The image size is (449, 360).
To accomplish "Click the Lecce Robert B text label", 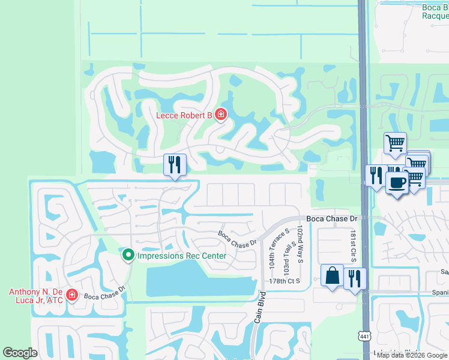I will click(184, 115).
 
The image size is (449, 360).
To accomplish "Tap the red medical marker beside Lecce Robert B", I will click(221, 114).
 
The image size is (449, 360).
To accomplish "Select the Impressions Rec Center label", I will click(182, 256).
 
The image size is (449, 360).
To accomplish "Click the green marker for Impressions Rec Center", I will click(128, 256).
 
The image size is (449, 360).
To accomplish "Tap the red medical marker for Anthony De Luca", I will click(71, 295).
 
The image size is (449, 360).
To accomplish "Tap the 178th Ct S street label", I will click(284, 281).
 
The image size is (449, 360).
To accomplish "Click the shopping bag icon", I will click(332, 275).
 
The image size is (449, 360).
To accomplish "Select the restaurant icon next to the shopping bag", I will click(355, 278).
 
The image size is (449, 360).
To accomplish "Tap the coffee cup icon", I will click(397, 182).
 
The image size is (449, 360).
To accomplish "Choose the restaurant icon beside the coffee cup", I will click(376, 175).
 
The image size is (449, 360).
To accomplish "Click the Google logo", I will click(19, 353).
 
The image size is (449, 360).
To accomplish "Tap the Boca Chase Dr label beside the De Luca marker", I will click(104, 296).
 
